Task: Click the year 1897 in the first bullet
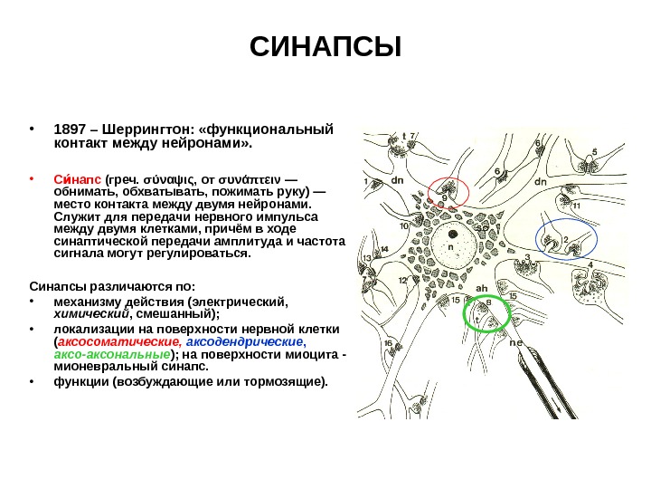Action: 71,128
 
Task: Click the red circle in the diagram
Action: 447,192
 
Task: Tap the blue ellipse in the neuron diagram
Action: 566,237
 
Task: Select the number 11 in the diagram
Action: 576,206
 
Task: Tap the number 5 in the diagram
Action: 594,151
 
